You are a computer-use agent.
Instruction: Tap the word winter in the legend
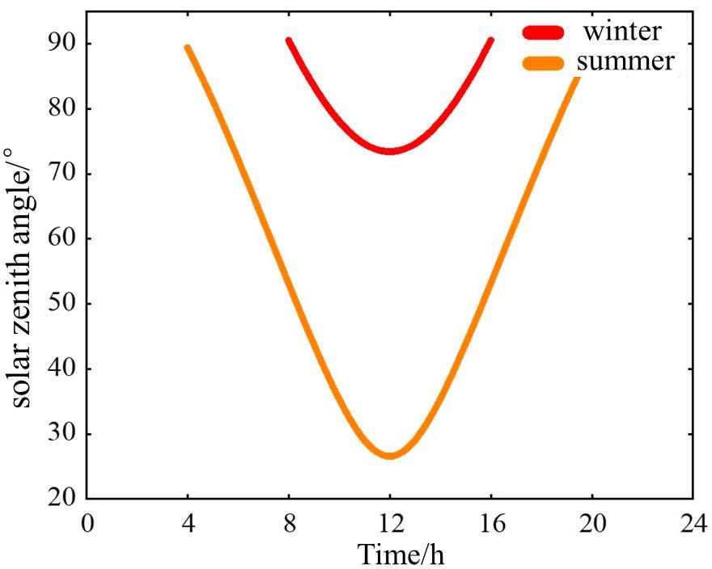click(x=622, y=32)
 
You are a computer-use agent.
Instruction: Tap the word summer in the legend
click(x=624, y=61)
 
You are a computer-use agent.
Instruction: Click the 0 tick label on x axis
click(x=87, y=523)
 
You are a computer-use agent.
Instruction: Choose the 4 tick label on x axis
click(x=188, y=523)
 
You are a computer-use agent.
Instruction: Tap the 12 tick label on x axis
click(x=390, y=523)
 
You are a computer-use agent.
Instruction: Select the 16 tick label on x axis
click(x=491, y=523)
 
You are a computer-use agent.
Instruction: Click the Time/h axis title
click(x=401, y=554)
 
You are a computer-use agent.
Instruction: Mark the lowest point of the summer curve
click(x=390, y=456)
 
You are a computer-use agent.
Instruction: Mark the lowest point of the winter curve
click(x=390, y=150)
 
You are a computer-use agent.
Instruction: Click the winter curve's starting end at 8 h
click(x=289, y=40)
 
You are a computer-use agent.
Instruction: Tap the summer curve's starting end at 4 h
click(x=188, y=48)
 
